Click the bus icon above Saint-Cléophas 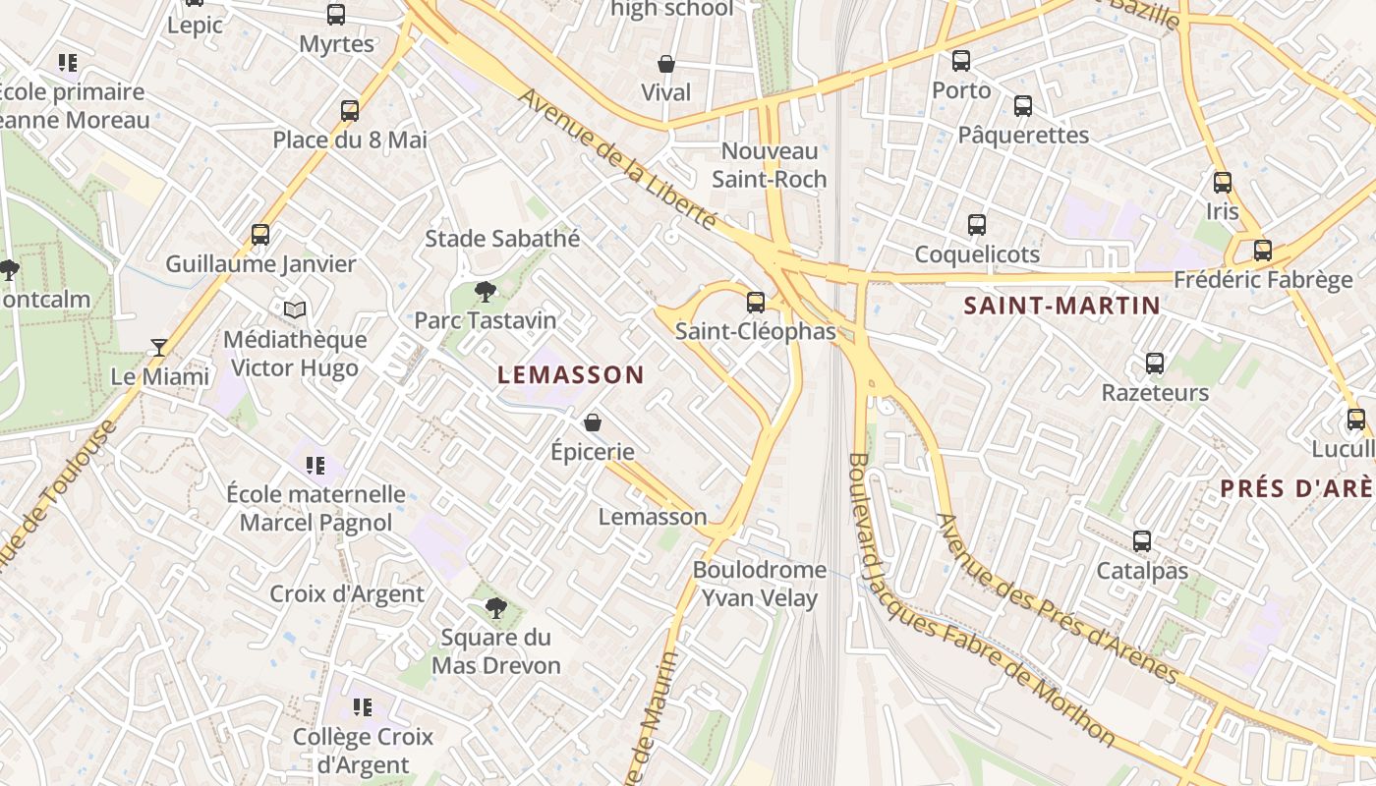(x=756, y=302)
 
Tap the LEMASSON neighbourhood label (x=570, y=374)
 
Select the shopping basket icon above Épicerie (x=593, y=422)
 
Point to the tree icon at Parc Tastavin (x=485, y=291)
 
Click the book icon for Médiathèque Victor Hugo (x=295, y=309)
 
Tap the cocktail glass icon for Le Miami (x=159, y=347)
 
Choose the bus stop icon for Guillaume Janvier (x=260, y=235)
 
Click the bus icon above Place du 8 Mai (x=350, y=110)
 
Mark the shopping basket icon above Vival (x=666, y=64)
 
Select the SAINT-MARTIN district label (x=1062, y=306)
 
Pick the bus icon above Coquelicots (x=977, y=225)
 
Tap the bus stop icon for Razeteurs (x=1155, y=364)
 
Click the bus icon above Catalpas (x=1142, y=541)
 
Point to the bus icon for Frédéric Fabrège (x=1263, y=251)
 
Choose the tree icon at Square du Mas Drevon (x=496, y=608)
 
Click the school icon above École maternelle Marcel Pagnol (x=315, y=465)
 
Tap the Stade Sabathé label (x=502, y=239)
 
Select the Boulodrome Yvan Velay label (x=760, y=584)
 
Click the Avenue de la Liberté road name (x=618, y=160)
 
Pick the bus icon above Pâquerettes (x=1023, y=106)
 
